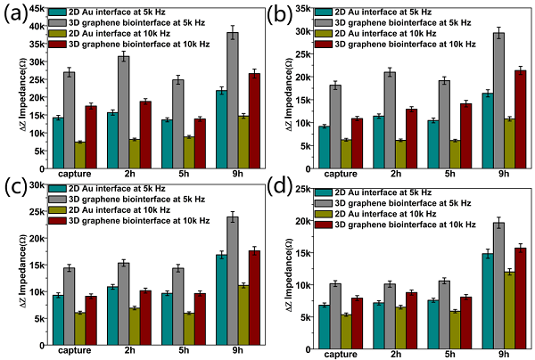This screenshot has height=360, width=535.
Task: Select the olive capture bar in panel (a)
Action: pyautogui.click(x=79, y=155)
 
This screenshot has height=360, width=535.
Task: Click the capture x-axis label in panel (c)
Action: pyautogui.click(x=69, y=354)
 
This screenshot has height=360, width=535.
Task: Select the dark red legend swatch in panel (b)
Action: pyautogui.click(x=331, y=43)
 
